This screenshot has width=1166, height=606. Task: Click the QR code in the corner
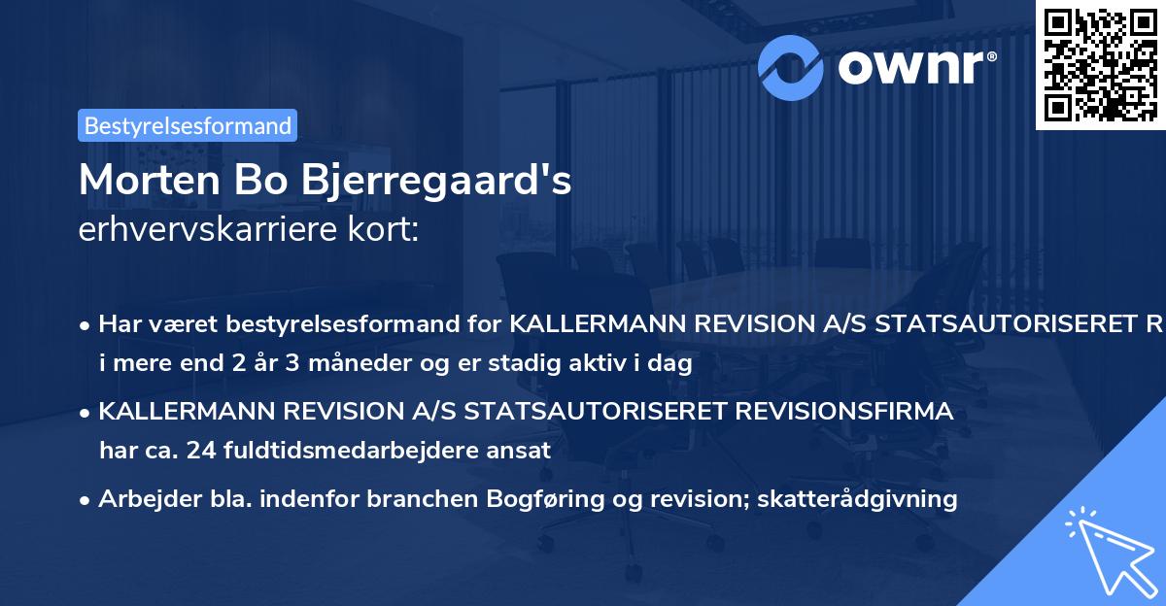tap(1099, 64)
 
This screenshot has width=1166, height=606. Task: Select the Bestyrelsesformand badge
tap(188, 125)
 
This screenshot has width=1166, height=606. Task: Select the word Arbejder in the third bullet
tap(141, 499)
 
